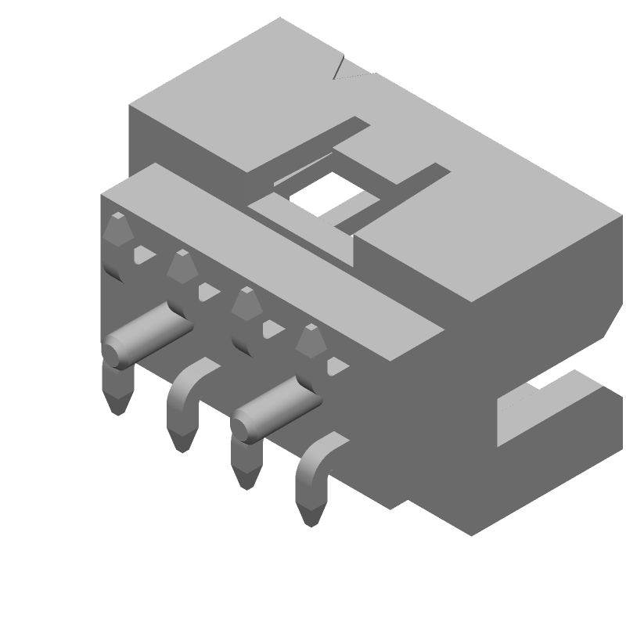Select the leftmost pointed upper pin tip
pyautogui.click(x=117, y=228)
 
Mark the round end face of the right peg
pyautogui.click(x=245, y=423)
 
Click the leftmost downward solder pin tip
pyautogui.click(x=117, y=399)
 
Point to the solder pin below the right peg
pyautogui.click(x=246, y=469)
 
